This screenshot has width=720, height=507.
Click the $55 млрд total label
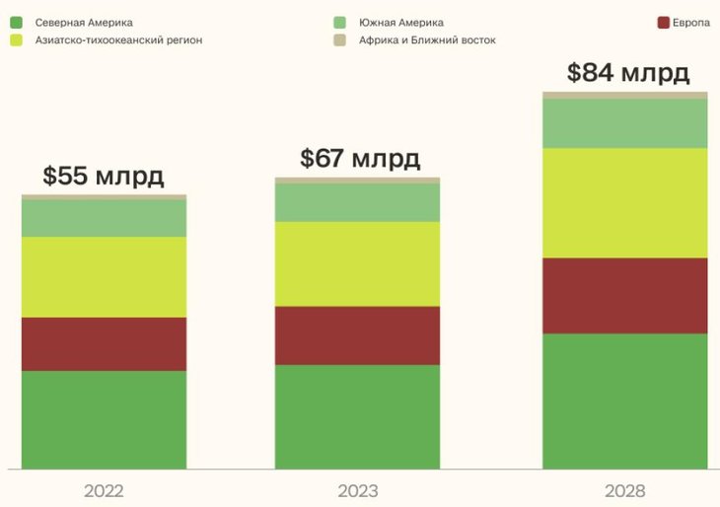[x=103, y=177]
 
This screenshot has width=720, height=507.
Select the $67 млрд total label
[x=360, y=158]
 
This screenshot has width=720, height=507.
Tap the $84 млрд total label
[x=628, y=73]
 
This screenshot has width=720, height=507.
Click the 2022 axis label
[x=104, y=490]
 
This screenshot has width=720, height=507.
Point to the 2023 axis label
[x=358, y=490]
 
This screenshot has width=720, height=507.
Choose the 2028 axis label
[x=625, y=490]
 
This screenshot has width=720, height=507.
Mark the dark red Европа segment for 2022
[x=104, y=343]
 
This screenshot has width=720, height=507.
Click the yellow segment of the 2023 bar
[x=358, y=263]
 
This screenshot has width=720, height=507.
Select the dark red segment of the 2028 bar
[x=625, y=295]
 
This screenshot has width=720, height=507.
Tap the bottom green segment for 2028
[x=625, y=400]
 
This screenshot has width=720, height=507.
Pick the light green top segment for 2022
[x=104, y=218]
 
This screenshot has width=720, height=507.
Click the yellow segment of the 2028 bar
[x=625, y=202]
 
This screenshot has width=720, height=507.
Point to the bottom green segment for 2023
[x=358, y=416]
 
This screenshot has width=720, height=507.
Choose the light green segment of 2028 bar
[x=625, y=123]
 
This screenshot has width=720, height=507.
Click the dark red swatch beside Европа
[x=663, y=22]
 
